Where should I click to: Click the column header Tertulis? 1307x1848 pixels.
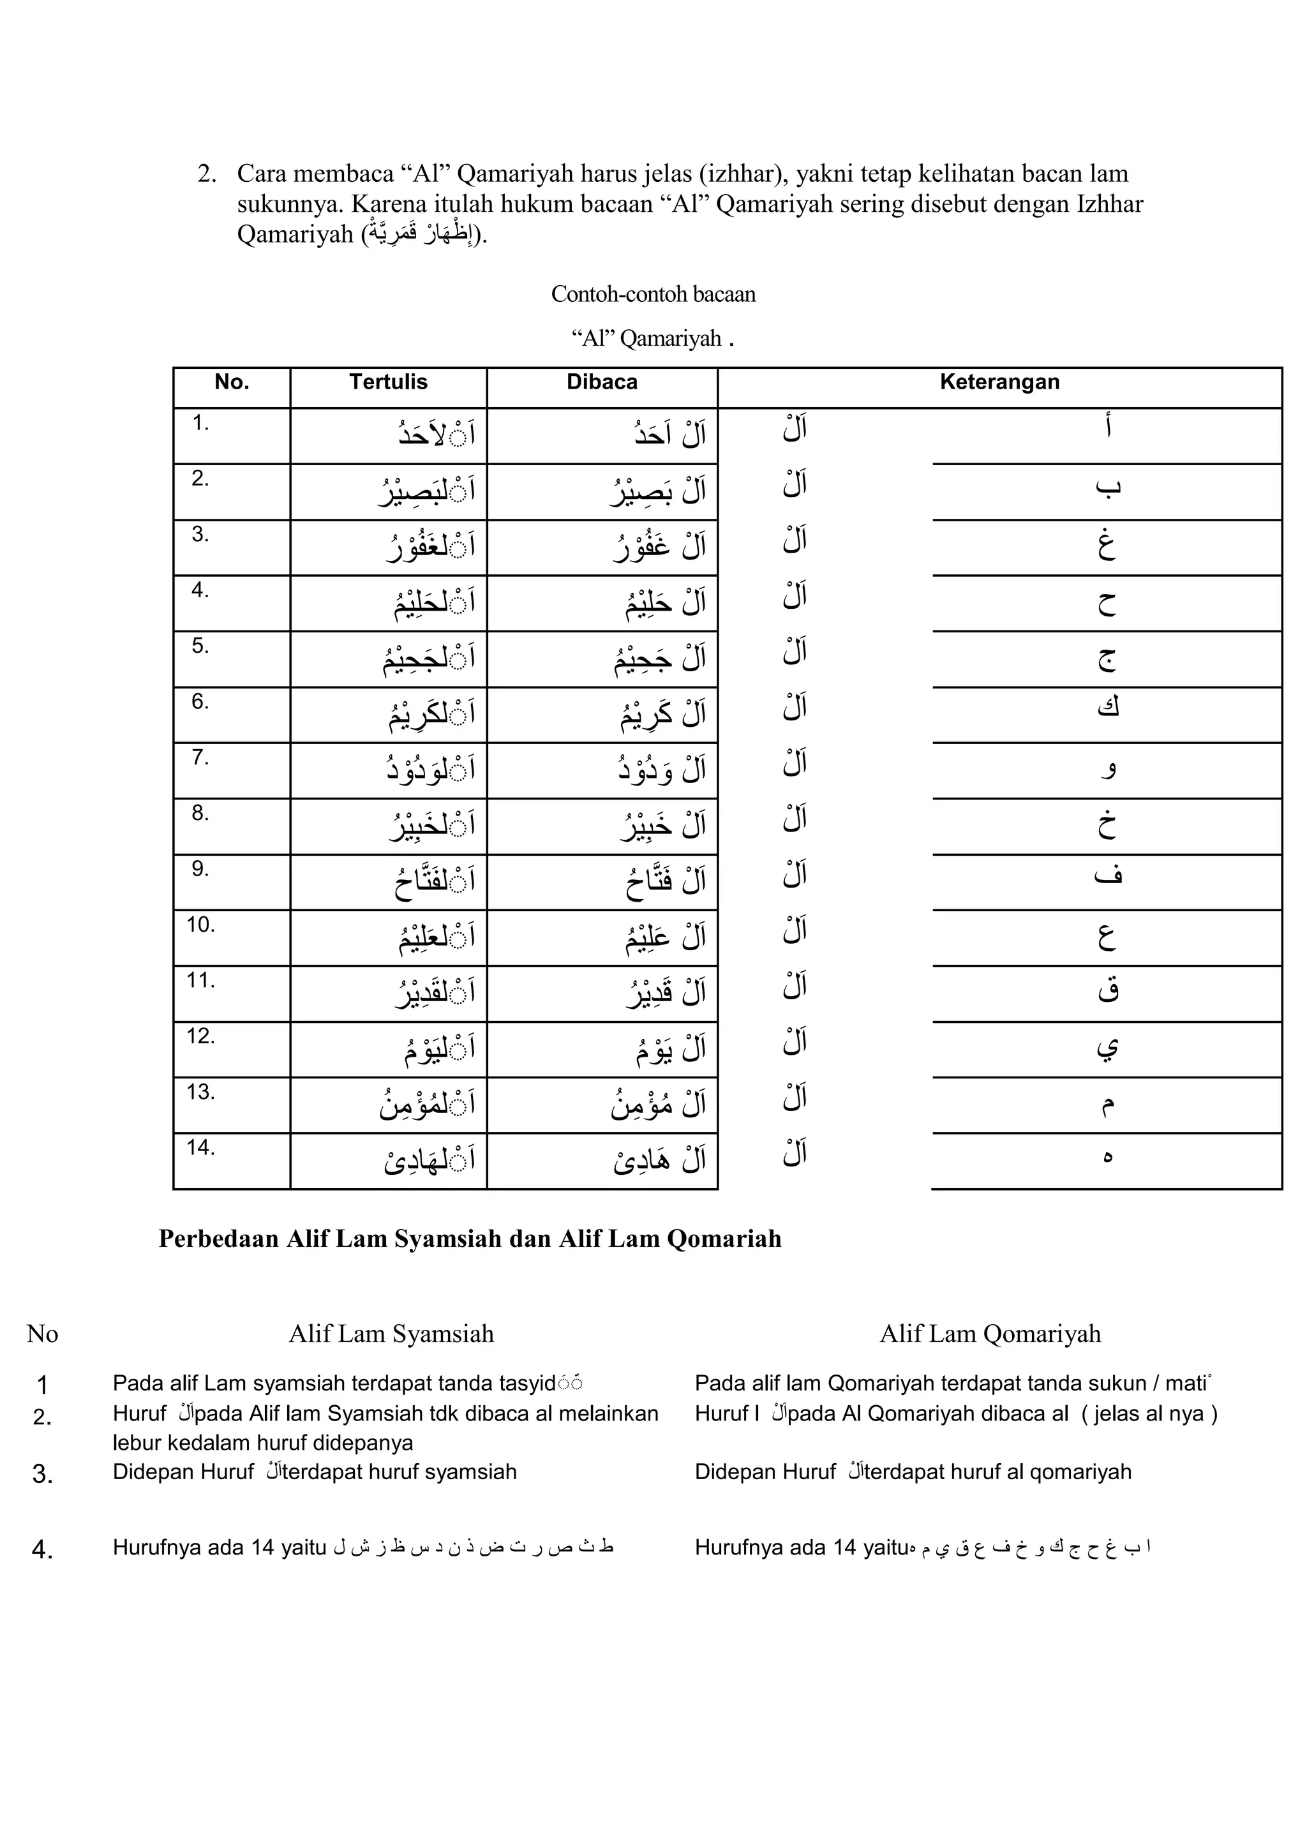point(388,382)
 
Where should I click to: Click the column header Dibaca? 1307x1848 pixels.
point(601,382)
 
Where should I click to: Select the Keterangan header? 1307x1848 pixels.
point(999,382)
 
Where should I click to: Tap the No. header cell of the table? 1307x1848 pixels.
point(232,382)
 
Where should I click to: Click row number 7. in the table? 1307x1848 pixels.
point(200,757)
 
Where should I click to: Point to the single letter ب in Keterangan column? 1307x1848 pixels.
point(1107,486)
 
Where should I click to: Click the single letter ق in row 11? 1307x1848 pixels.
point(1107,990)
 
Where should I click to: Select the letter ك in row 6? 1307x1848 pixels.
point(1107,708)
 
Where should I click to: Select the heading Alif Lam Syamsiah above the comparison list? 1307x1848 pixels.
point(391,1334)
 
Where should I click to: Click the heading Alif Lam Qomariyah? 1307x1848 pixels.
point(989,1334)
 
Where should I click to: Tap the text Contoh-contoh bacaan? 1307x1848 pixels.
point(653,295)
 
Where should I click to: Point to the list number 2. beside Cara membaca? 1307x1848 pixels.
point(207,174)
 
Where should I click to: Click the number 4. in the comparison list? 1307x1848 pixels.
point(42,1549)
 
